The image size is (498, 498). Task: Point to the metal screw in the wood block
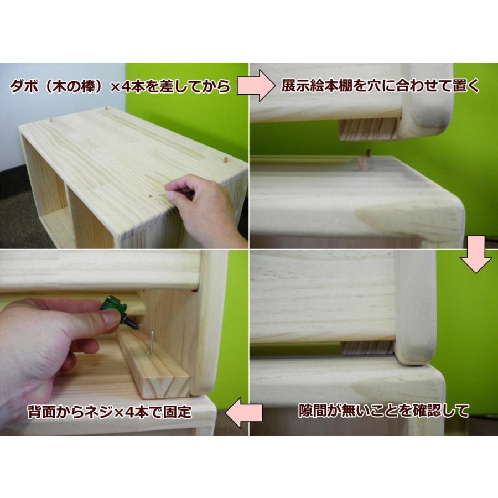[150, 341]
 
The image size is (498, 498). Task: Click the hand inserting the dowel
[205, 207]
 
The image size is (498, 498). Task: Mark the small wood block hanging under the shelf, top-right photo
[368, 129]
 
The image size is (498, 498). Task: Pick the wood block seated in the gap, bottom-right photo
[366, 347]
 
